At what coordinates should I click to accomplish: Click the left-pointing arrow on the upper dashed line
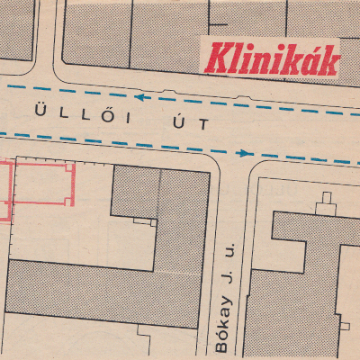coord(141,94)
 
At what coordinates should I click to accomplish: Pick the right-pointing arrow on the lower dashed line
coord(244,153)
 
